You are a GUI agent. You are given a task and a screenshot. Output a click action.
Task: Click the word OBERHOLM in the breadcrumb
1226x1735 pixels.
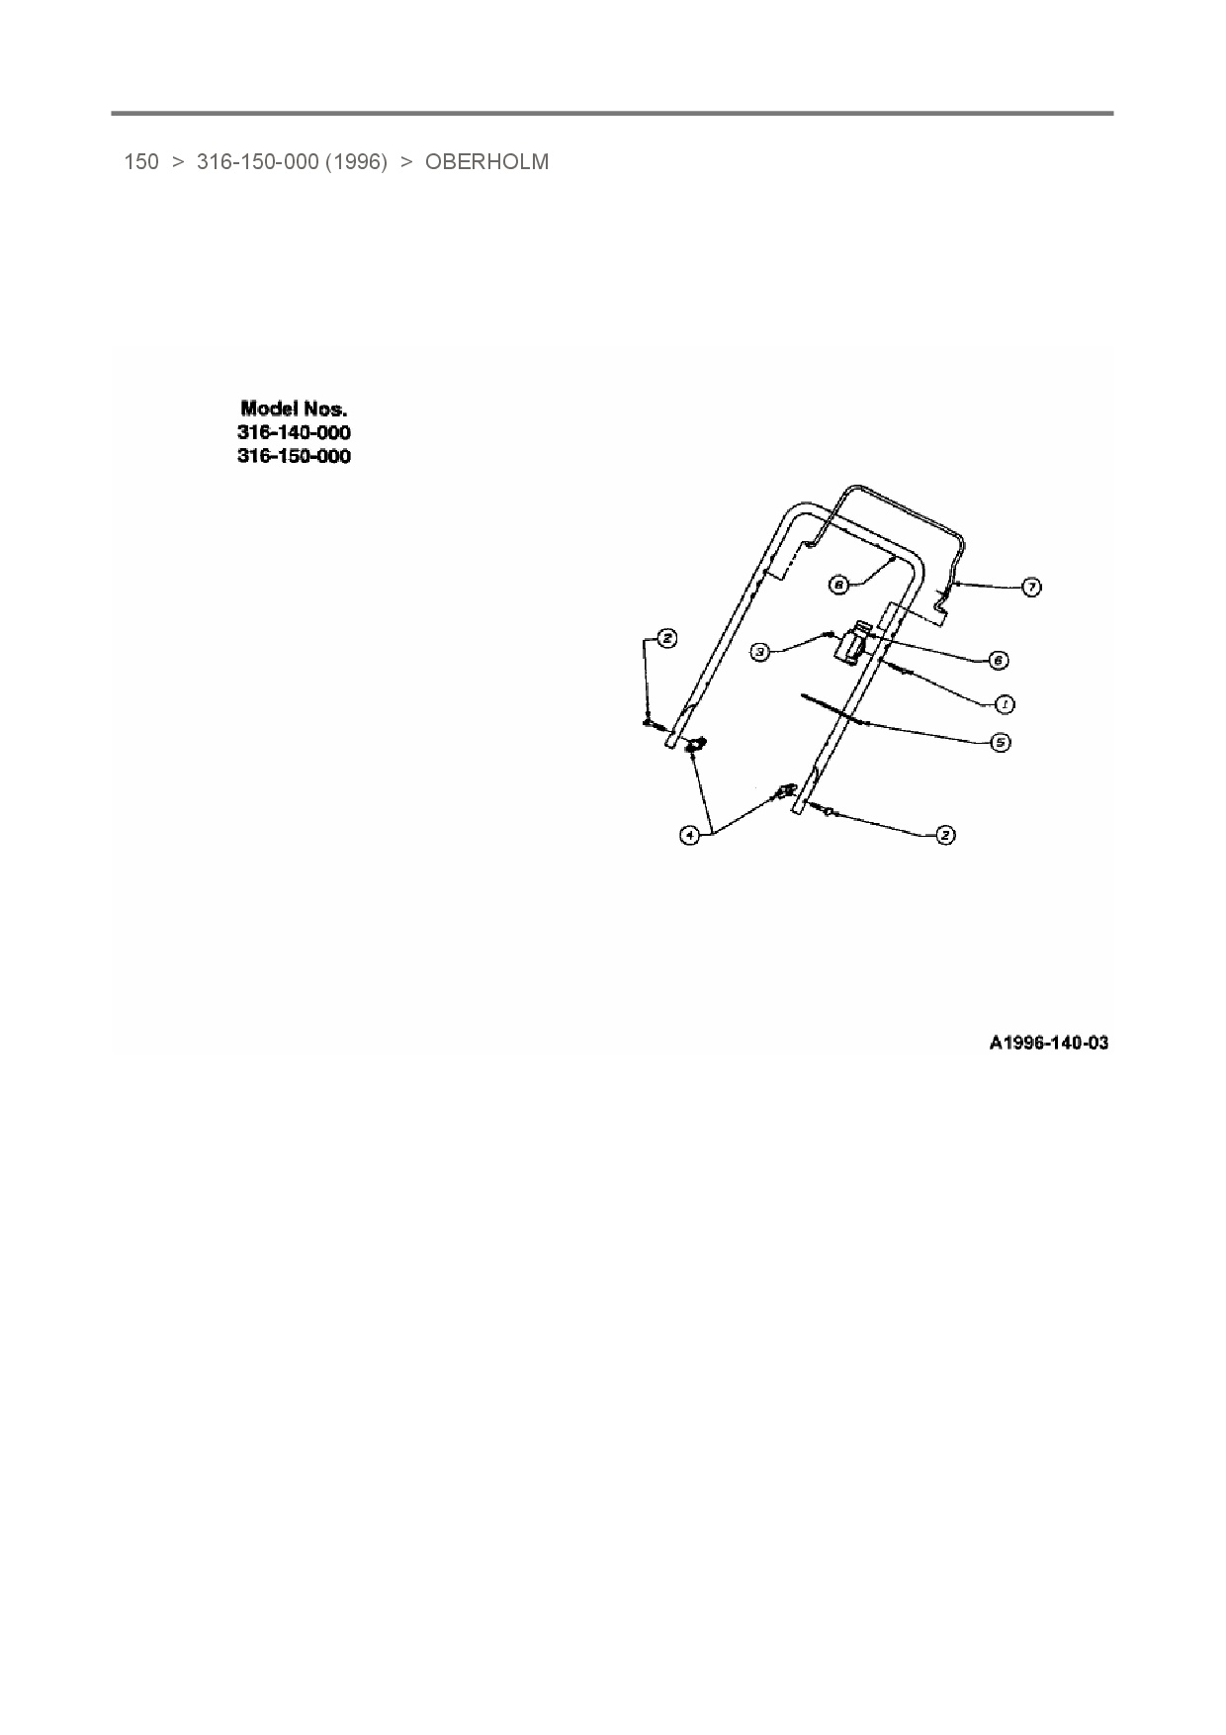(x=486, y=162)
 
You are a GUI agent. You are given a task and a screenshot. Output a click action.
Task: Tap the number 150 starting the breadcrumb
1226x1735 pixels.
(x=140, y=162)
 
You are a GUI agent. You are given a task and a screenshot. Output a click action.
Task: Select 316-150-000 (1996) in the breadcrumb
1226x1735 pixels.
(x=292, y=162)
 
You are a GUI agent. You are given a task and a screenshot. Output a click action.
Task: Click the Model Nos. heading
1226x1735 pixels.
(x=294, y=408)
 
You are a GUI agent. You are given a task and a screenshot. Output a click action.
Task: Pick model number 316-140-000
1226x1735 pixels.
(x=294, y=432)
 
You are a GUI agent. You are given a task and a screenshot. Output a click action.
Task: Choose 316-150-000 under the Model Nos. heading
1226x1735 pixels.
(x=294, y=456)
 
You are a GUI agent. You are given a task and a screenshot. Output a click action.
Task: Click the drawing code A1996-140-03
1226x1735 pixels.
(x=1048, y=1043)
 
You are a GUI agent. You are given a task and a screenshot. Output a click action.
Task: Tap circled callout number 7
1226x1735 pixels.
(x=1030, y=588)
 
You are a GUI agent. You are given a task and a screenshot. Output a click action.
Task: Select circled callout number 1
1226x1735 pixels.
(x=1004, y=704)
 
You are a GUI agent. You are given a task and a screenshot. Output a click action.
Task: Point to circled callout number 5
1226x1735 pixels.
(x=1001, y=741)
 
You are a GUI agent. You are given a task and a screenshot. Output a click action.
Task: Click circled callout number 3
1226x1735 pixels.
(x=759, y=652)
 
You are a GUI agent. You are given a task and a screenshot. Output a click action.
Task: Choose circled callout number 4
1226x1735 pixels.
(x=689, y=835)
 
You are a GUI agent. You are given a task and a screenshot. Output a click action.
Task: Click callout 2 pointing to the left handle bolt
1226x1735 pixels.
(x=667, y=639)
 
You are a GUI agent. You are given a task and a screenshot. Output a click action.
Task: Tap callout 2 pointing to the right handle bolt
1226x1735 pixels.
(x=945, y=835)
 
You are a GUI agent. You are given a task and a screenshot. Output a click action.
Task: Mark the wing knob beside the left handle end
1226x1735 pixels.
(x=695, y=744)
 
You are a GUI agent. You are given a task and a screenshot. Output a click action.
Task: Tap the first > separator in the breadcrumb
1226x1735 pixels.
(x=178, y=162)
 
